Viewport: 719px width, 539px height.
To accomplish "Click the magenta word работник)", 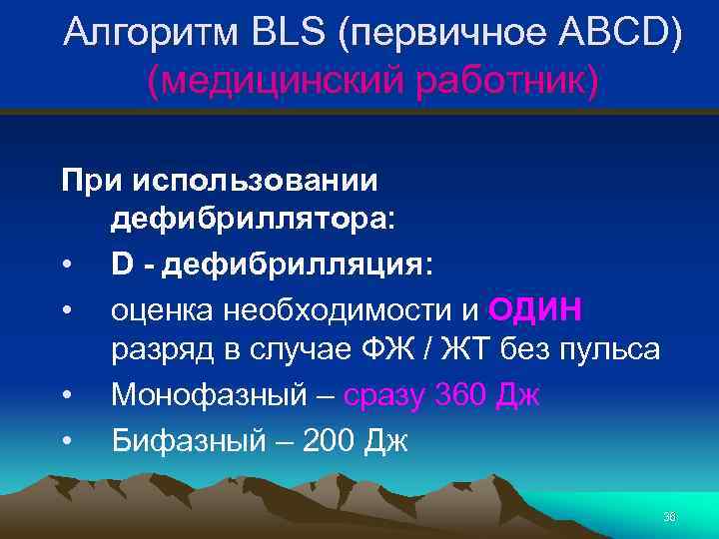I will tap(498, 83).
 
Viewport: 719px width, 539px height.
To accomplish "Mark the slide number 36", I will tap(669, 516).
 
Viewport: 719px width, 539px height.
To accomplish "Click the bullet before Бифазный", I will tap(65, 440).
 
